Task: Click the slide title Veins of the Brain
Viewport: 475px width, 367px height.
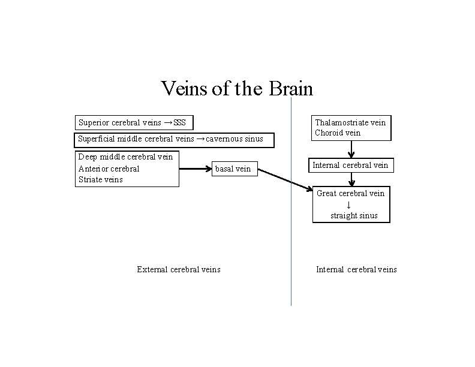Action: point(237,89)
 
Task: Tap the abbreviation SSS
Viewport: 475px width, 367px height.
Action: point(179,123)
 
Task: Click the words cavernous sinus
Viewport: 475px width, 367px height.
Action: point(235,139)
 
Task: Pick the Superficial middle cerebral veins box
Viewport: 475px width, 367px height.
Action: point(174,140)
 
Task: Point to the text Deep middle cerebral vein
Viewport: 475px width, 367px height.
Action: point(125,157)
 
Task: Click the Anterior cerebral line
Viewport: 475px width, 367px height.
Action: point(109,169)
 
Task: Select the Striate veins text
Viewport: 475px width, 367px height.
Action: point(100,179)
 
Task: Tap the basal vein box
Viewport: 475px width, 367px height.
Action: point(233,169)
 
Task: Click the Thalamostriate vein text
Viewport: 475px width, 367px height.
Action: point(351,122)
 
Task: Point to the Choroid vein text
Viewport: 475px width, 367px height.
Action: point(338,133)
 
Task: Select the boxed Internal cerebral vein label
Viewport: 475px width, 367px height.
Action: point(350,165)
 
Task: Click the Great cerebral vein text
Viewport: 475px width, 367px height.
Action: point(350,193)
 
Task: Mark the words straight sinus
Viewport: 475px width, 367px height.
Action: point(354,215)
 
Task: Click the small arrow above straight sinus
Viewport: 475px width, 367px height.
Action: point(350,204)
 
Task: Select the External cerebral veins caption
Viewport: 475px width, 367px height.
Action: point(178,269)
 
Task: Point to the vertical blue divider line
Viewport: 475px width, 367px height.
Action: point(291,252)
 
